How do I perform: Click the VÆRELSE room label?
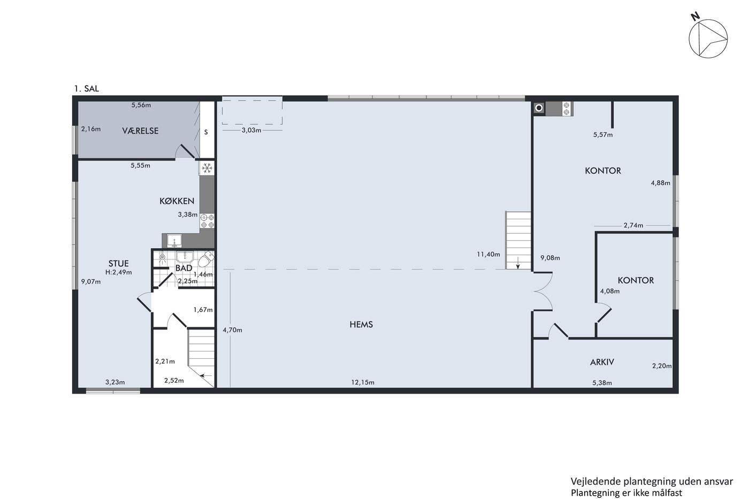point(140,130)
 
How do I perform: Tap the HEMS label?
point(361,324)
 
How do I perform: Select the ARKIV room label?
point(602,362)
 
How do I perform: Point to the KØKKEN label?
point(177,201)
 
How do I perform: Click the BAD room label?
point(184,268)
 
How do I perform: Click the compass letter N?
point(695,17)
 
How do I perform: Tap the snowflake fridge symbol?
point(208,168)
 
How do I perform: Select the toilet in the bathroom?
point(206,259)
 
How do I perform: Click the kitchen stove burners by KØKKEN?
point(208,221)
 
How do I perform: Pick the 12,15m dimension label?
point(363,382)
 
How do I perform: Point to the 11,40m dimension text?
point(488,254)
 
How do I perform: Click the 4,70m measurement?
point(232,330)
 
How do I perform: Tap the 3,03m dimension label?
point(251,130)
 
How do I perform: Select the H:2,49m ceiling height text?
point(119,272)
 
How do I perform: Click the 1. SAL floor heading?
point(87,89)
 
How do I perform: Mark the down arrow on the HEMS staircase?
point(518,263)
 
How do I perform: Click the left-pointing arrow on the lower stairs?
point(206,375)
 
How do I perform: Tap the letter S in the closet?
point(206,132)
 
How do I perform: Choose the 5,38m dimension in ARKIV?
point(602,383)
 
